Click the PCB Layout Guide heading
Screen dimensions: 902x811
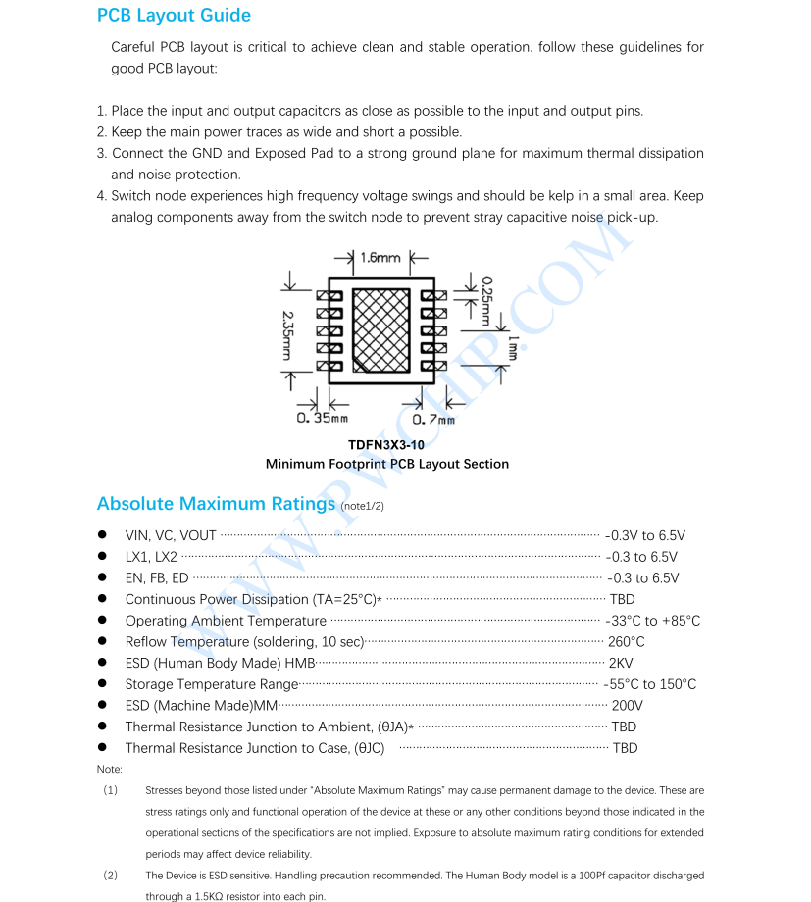(174, 16)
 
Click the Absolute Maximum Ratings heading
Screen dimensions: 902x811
(216, 504)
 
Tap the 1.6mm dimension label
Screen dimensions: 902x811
(380, 258)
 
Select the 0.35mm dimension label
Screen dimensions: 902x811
(323, 420)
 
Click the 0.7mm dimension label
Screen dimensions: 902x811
(433, 420)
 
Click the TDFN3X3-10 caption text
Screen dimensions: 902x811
(386, 445)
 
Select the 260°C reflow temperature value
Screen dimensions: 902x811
(627, 642)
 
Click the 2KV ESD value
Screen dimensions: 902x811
(621, 664)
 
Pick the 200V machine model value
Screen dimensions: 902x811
(627, 706)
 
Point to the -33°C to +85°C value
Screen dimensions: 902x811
(653, 621)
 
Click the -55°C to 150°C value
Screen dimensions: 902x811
(650, 684)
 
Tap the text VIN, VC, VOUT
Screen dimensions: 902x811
(171, 536)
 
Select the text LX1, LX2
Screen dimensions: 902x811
(151, 557)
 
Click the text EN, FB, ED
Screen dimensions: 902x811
(157, 578)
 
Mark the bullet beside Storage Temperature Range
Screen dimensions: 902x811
(102, 684)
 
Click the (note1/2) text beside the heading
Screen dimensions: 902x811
(362, 506)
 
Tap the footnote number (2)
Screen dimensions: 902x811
(110, 875)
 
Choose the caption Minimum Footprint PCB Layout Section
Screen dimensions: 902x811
(386, 464)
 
